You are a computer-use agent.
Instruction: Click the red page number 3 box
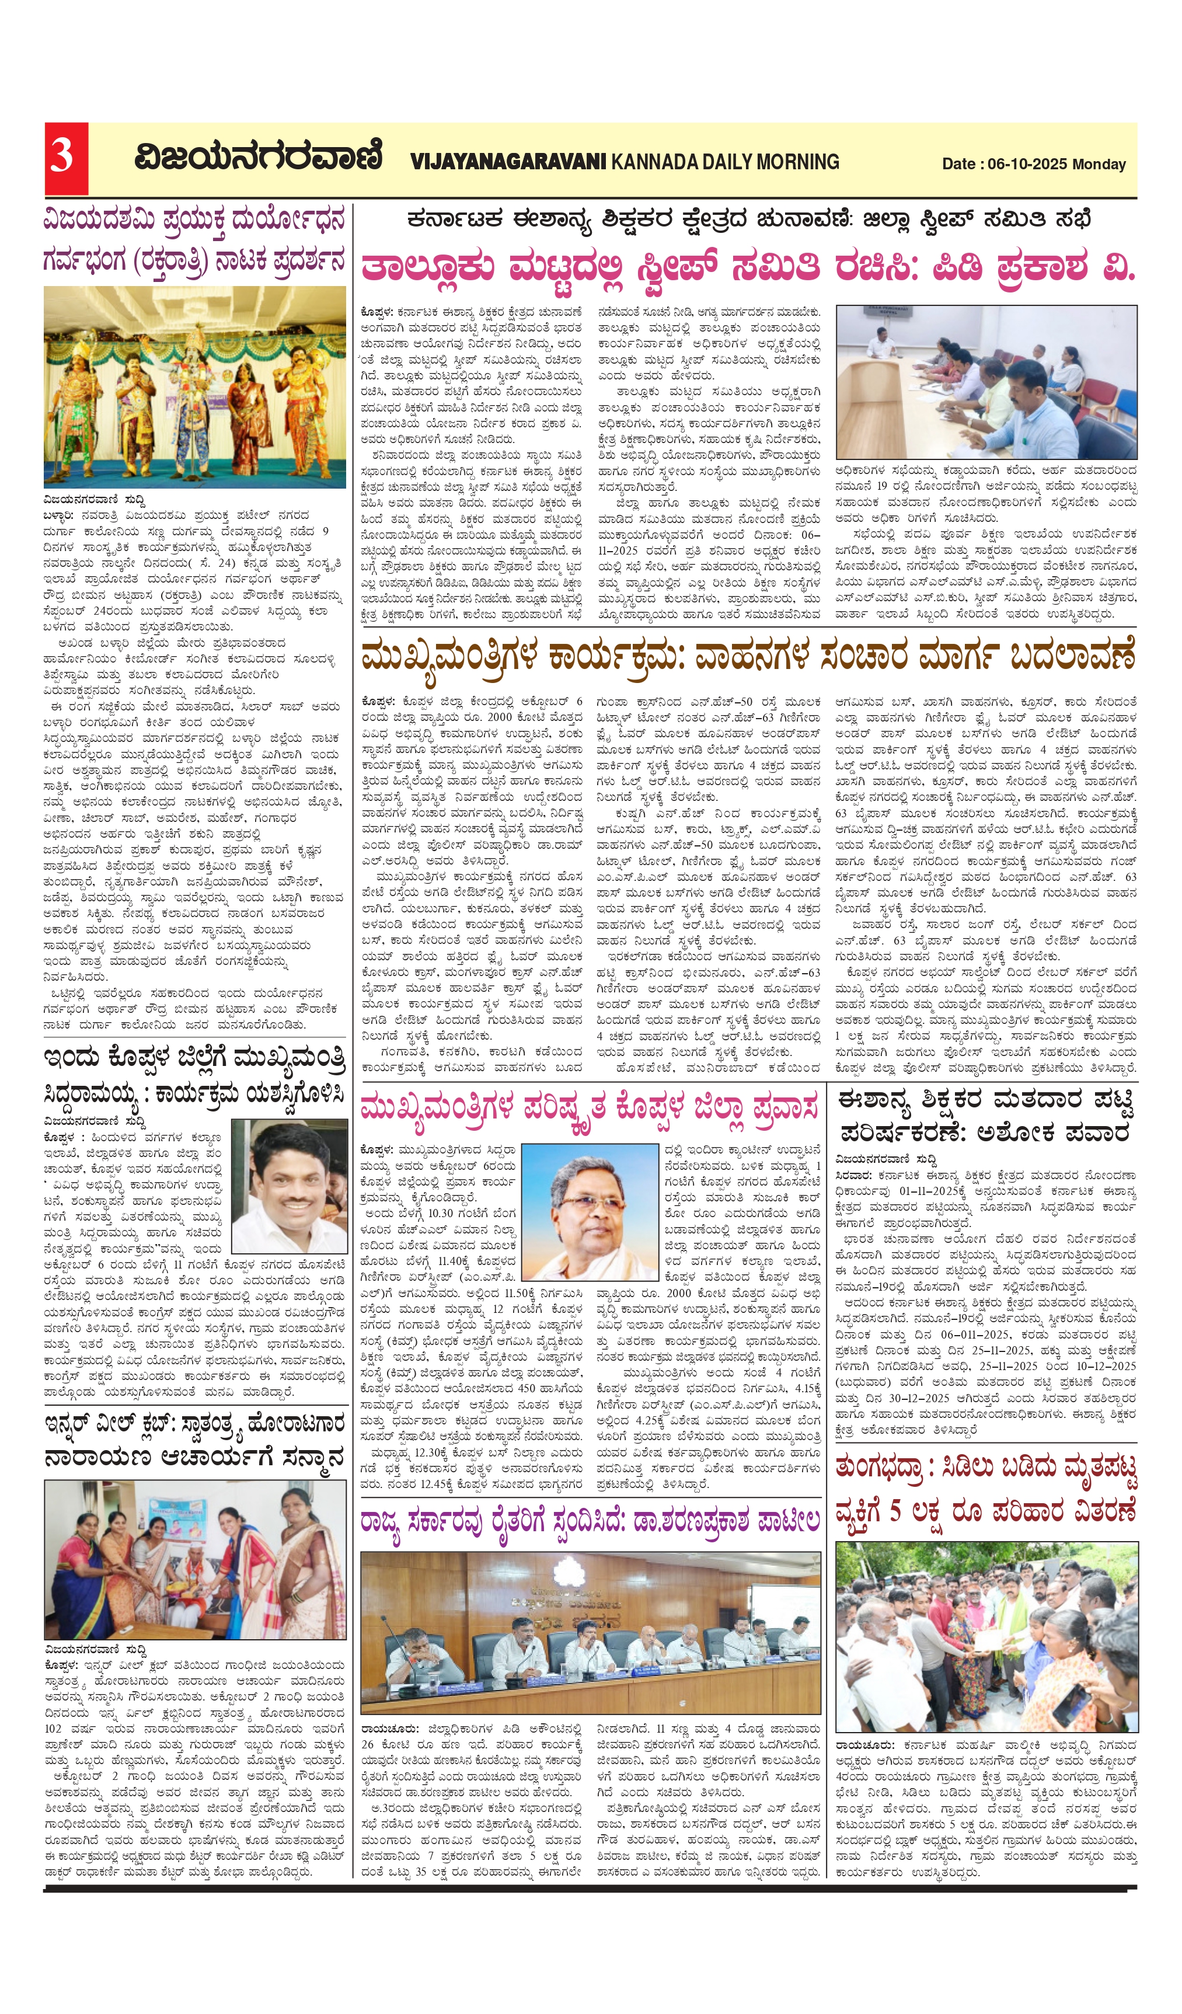pos(65,158)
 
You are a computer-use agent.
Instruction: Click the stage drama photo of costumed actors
pos(194,387)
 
